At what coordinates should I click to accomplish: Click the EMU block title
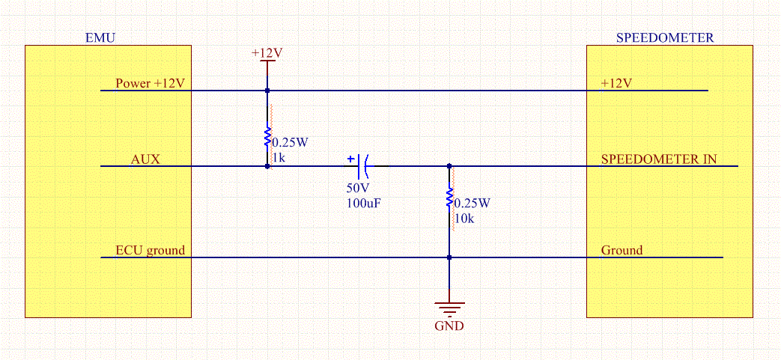(x=101, y=37)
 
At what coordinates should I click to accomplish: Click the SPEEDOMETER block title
(x=664, y=37)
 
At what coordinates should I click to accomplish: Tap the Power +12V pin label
(x=150, y=83)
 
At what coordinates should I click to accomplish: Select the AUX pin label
(x=145, y=159)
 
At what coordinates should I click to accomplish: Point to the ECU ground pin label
(x=150, y=250)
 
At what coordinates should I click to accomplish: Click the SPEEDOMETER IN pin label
(x=658, y=159)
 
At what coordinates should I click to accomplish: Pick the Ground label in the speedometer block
(x=622, y=250)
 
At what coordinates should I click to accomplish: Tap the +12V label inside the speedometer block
(x=616, y=83)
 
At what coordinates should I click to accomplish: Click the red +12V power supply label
(x=267, y=54)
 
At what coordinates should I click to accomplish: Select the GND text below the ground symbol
(x=449, y=326)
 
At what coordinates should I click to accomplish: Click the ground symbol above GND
(x=449, y=307)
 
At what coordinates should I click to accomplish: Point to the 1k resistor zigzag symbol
(x=267, y=138)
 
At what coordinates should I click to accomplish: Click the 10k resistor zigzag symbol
(x=449, y=198)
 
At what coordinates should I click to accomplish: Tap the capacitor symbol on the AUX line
(x=363, y=162)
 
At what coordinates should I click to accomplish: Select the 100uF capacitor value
(x=363, y=203)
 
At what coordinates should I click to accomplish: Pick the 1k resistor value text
(x=279, y=158)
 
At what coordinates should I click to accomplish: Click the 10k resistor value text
(x=464, y=219)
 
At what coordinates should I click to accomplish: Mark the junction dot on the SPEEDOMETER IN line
(x=449, y=166)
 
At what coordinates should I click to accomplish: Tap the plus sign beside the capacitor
(x=350, y=159)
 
